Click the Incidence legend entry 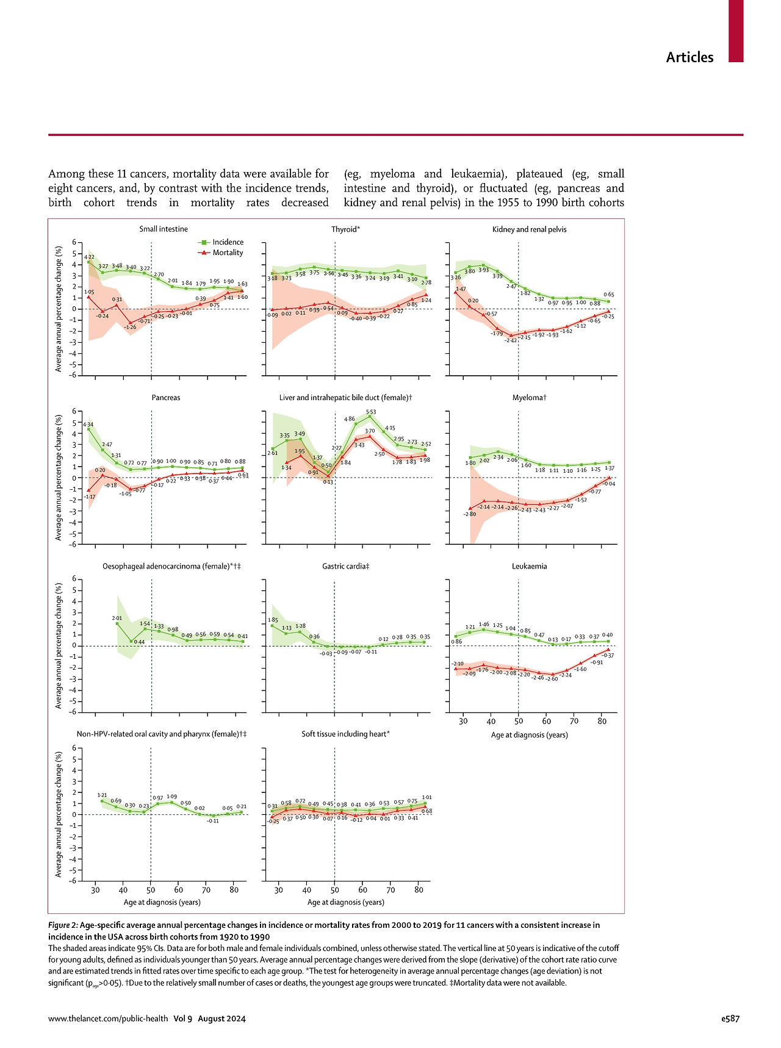[228, 242]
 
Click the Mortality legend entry [228, 253]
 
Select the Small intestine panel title [164, 229]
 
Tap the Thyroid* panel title [345, 229]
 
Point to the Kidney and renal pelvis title [529, 229]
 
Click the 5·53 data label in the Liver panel [370, 412]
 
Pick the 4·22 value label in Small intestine [89, 257]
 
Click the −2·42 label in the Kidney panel [511, 340]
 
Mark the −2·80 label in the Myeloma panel [469, 514]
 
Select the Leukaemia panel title [529, 566]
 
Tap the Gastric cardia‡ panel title [345, 566]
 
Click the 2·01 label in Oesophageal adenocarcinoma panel [117, 618]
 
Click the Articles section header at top [689, 57]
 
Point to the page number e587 [730, 1018]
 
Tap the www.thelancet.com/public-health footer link [108, 1018]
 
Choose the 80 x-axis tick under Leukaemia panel [602, 721]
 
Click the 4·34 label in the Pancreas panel [88, 424]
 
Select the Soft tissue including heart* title [345, 734]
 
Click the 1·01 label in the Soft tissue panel [426, 797]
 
